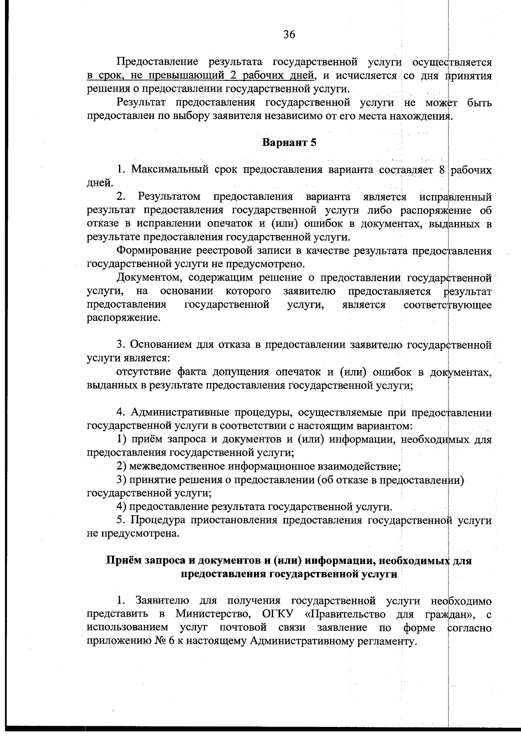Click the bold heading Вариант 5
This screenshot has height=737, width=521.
pos(289,143)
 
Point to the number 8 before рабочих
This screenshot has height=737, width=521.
pos(442,169)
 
